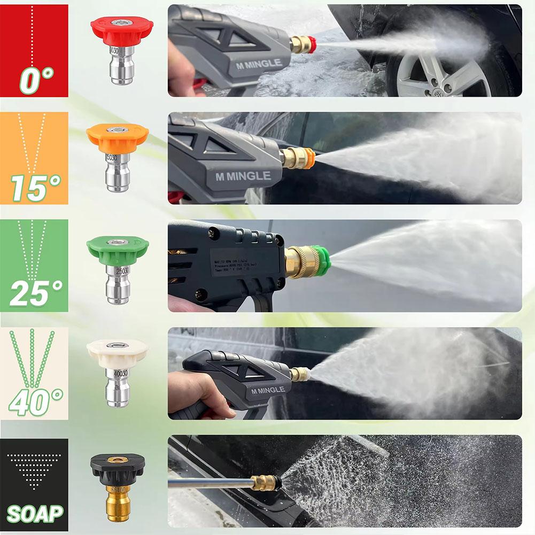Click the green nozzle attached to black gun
pyautogui.click(x=321, y=260)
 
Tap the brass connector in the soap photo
pyautogui.click(x=265, y=482)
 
